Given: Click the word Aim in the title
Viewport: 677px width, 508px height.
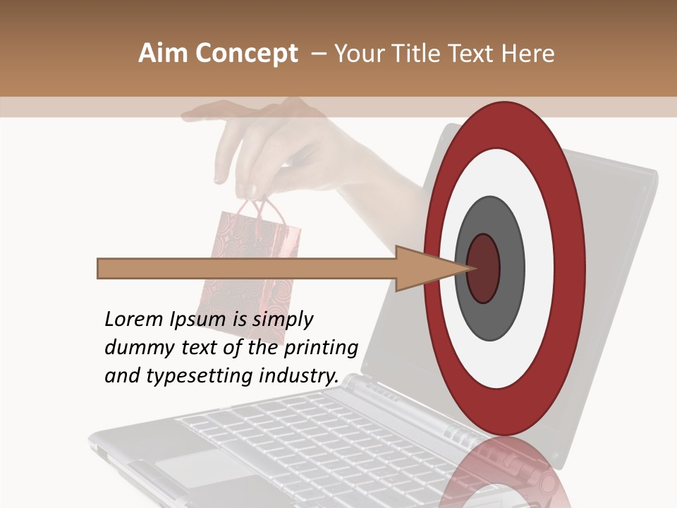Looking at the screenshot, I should [x=163, y=54].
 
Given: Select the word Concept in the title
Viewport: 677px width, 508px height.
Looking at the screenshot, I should [x=246, y=54].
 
